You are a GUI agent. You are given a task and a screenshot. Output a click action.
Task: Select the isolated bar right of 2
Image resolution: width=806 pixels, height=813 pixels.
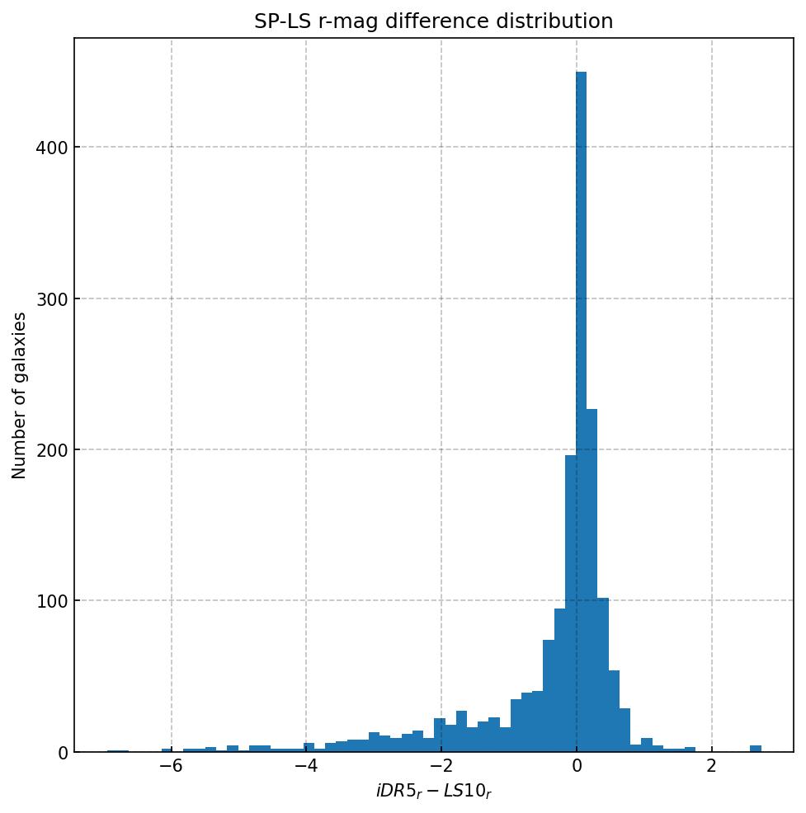[756, 748]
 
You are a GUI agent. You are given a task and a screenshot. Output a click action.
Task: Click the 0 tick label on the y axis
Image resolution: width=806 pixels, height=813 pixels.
[63, 752]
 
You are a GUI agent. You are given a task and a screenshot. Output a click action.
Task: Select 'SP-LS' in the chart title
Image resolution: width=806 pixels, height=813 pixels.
[280, 21]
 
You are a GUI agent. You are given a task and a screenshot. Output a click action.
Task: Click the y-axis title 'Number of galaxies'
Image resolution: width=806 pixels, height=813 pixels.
[20, 395]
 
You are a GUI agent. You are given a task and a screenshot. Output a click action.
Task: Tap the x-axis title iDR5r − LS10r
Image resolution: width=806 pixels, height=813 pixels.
[434, 792]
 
